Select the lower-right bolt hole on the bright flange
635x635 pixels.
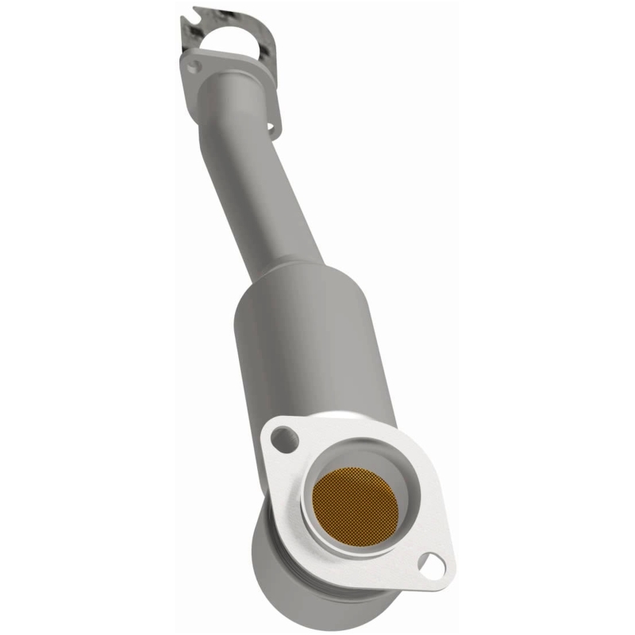pos(432,564)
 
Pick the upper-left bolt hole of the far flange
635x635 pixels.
pos(193,67)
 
